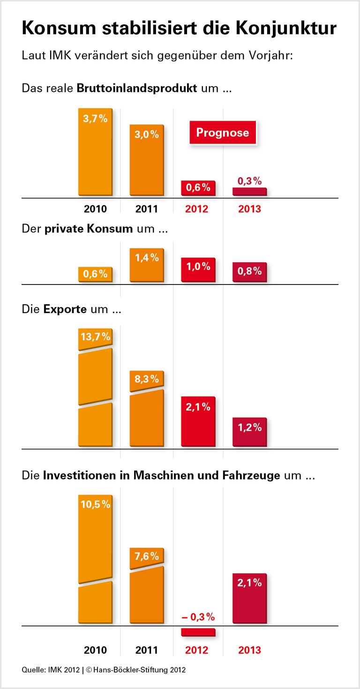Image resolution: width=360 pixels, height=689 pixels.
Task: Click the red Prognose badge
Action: tap(223, 133)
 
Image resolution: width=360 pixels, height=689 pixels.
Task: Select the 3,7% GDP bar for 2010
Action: tap(95, 152)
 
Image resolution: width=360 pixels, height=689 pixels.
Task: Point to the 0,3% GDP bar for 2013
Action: tap(249, 191)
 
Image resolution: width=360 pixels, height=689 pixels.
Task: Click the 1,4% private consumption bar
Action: tap(147, 265)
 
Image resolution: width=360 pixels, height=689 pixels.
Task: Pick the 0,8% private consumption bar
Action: tap(249, 272)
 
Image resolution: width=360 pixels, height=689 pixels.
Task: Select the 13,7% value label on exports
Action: tap(95, 337)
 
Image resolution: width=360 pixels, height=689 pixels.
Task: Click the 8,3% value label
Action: tap(147, 379)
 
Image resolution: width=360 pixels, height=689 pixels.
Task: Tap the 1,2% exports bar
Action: tap(249, 432)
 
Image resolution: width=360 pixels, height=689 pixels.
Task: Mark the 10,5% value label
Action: tap(95, 504)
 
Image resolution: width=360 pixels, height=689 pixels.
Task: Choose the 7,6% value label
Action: tap(147, 556)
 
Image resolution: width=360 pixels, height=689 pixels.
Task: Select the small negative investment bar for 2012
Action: tap(198, 632)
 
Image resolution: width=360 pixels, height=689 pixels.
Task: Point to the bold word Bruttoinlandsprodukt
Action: tap(136, 88)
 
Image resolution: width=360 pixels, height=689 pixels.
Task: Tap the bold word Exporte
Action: tap(65, 309)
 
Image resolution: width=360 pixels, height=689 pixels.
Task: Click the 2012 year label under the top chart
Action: tap(197, 209)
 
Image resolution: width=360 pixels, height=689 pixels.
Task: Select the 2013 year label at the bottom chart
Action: tap(249, 650)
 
